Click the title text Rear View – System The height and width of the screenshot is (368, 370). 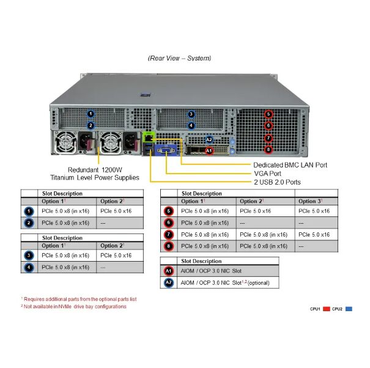coord(179,58)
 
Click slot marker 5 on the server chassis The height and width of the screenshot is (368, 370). coord(268,114)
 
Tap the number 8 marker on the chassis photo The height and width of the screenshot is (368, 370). coord(268,149)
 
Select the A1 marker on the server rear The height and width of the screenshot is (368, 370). coord(209,150)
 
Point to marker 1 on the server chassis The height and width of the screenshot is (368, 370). coord(91,114)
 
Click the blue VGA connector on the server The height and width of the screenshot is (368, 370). coord(163,152)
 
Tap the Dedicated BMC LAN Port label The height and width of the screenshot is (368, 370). coord(290,164)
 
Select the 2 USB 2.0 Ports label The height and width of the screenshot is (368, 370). coord(276,182)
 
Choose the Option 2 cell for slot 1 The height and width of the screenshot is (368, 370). coord(116,211)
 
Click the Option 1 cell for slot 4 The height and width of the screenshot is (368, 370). coord(65,267)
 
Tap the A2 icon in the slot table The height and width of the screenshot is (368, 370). coord(169,282)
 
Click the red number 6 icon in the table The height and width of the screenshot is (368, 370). coord(169,223)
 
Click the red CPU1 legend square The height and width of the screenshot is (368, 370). coord(327,309)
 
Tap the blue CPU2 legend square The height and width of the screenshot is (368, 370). coord(349,309)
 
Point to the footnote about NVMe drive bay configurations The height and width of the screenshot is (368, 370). coord(73,306)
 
